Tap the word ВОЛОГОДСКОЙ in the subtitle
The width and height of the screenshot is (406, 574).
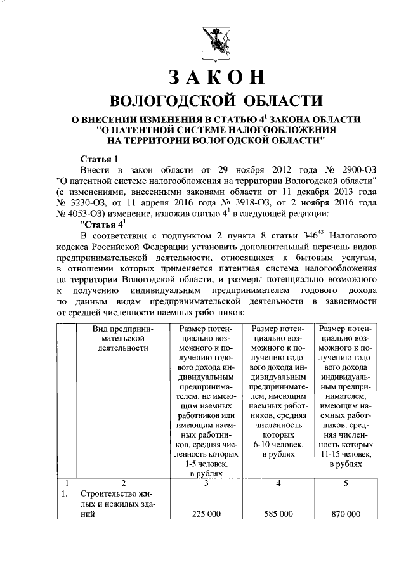pos(172,101)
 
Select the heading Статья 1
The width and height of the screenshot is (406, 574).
pos(100,159)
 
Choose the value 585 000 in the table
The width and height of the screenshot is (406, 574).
pos(278,514)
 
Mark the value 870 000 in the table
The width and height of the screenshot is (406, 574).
pos(346,514)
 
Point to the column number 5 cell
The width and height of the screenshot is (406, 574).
pos(346,483)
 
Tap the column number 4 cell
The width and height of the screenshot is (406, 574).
pos(278,483)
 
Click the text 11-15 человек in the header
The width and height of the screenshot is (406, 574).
pos(346,455)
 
